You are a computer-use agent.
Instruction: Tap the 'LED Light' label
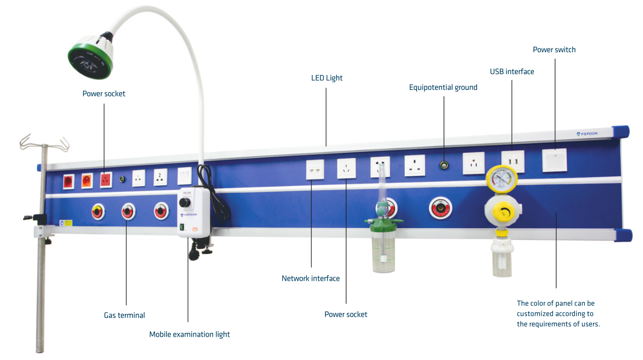click(x=327, y=78)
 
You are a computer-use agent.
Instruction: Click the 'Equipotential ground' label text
click(x=443, y=88)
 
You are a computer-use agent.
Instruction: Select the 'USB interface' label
click(x=512, y=71)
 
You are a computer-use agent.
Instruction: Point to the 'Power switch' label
click(x=554, y=50)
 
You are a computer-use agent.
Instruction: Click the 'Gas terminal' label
click(x=124, y=315)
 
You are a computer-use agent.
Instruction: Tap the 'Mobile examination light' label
click(x=189, y=334)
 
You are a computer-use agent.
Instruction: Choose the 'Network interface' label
click(x=311, y=278)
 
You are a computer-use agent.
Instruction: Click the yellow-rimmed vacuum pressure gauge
click(x=501, y=179)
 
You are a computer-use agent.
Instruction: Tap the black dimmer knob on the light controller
click(x=185, y=202)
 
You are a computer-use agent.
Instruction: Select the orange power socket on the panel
click(x=87, y=181)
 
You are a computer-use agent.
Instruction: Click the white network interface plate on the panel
click(x=315, y=170)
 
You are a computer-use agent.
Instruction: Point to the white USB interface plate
click(x=513, y=161)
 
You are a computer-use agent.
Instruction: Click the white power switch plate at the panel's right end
click(x=554, y=160)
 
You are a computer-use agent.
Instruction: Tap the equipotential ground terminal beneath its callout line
click(x=444, y=165)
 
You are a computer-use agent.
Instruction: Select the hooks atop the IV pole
click(x=44, y=143)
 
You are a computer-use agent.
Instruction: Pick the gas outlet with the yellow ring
click(x=98, y=212)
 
